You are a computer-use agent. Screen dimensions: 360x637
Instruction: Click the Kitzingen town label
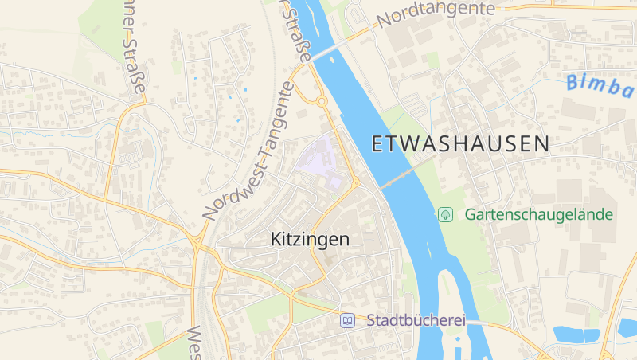pos(310,239)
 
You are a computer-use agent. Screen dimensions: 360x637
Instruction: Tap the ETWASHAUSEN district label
pos(460,144)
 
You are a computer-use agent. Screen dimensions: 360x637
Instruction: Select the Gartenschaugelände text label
pos(539,214)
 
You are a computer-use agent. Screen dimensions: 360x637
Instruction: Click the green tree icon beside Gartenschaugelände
pos(446,214)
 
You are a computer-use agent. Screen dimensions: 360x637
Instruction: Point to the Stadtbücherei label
pos(416,320)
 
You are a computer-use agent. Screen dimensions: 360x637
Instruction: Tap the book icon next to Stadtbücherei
pos(347,320)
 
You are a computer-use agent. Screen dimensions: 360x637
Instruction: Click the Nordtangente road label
pos(436,13)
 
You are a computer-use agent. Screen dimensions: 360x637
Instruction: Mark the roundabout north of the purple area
pos(322,101)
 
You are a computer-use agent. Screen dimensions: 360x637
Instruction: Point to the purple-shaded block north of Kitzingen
pos(325,159)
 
